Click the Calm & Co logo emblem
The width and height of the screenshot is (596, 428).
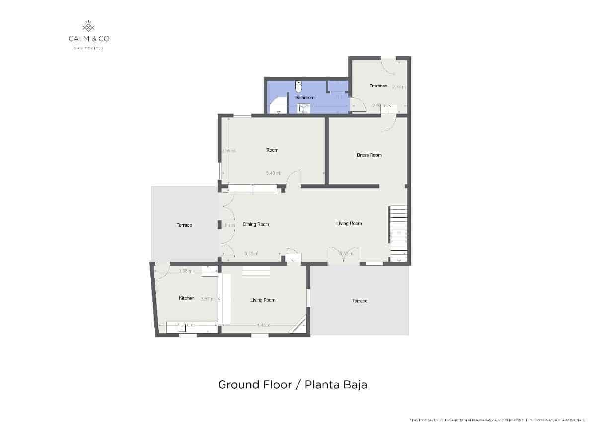click(x=88, y=26)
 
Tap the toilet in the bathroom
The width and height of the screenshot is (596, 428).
click(x=298, y=86)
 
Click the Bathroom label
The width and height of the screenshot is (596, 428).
click(x=305, y=98)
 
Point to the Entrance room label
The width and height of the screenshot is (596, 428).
click(x=378, y=86)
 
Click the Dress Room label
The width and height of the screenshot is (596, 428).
click(x=369, y=155)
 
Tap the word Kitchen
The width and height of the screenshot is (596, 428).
click(x=186, y=298)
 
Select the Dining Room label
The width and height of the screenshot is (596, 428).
click(x=256, y=224)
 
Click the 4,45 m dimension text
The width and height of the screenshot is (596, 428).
click(x=263, y=325)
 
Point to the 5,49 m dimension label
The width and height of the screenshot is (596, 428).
click(x=273, y=173)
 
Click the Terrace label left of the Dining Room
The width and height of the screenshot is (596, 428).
click(x=184, y=225)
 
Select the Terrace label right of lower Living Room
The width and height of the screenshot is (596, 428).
click(x=360, y=301)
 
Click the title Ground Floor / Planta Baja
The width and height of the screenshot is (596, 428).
click(x=293, y=385)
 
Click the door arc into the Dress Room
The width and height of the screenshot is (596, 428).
click(x=388, y=126)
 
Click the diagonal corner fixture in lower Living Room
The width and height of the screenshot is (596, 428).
click(x=299, y=323)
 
